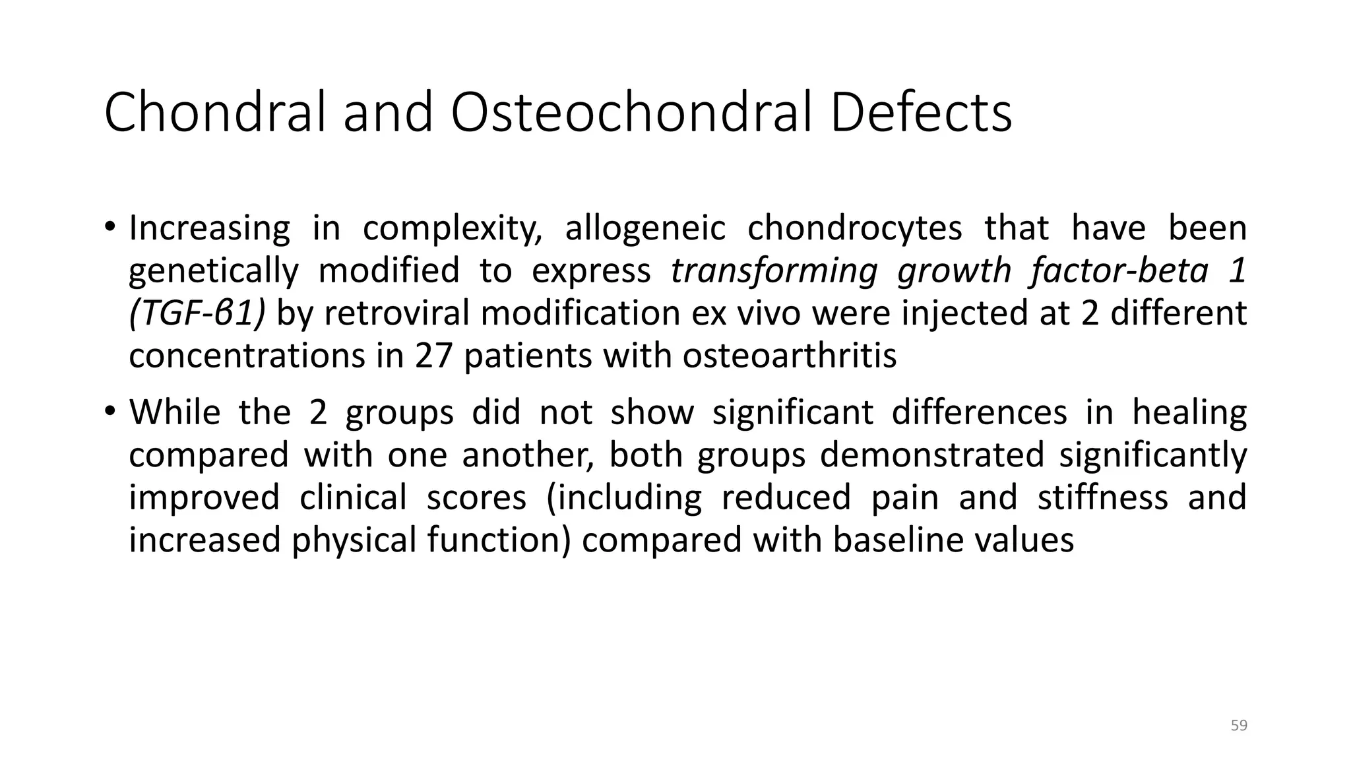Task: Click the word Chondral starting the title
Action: (x=215, y=113)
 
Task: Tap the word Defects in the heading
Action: (x=920, y=113)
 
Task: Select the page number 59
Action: (x=1239, y=726)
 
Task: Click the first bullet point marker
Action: (x=110, y=228)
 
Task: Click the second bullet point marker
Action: (x=110, y=412)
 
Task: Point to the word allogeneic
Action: (x=644, y=229)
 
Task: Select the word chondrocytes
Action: (x=855, y=229)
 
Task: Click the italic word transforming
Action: (x=774, y=271)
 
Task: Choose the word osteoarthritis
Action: (x=789, y=356)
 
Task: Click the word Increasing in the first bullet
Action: (x=209, y=229)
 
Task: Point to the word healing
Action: (x=1189, y=413)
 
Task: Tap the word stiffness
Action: (x=1102, y=497)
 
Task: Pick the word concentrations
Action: (x=247, y=356)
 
